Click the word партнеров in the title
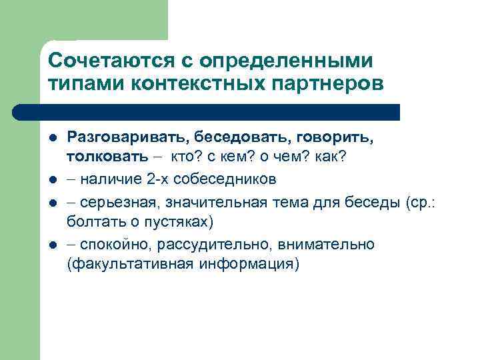click(323, 84)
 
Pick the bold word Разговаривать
click(123, 137)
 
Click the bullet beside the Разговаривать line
click(52, 137)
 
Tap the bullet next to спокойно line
click(52, 244)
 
